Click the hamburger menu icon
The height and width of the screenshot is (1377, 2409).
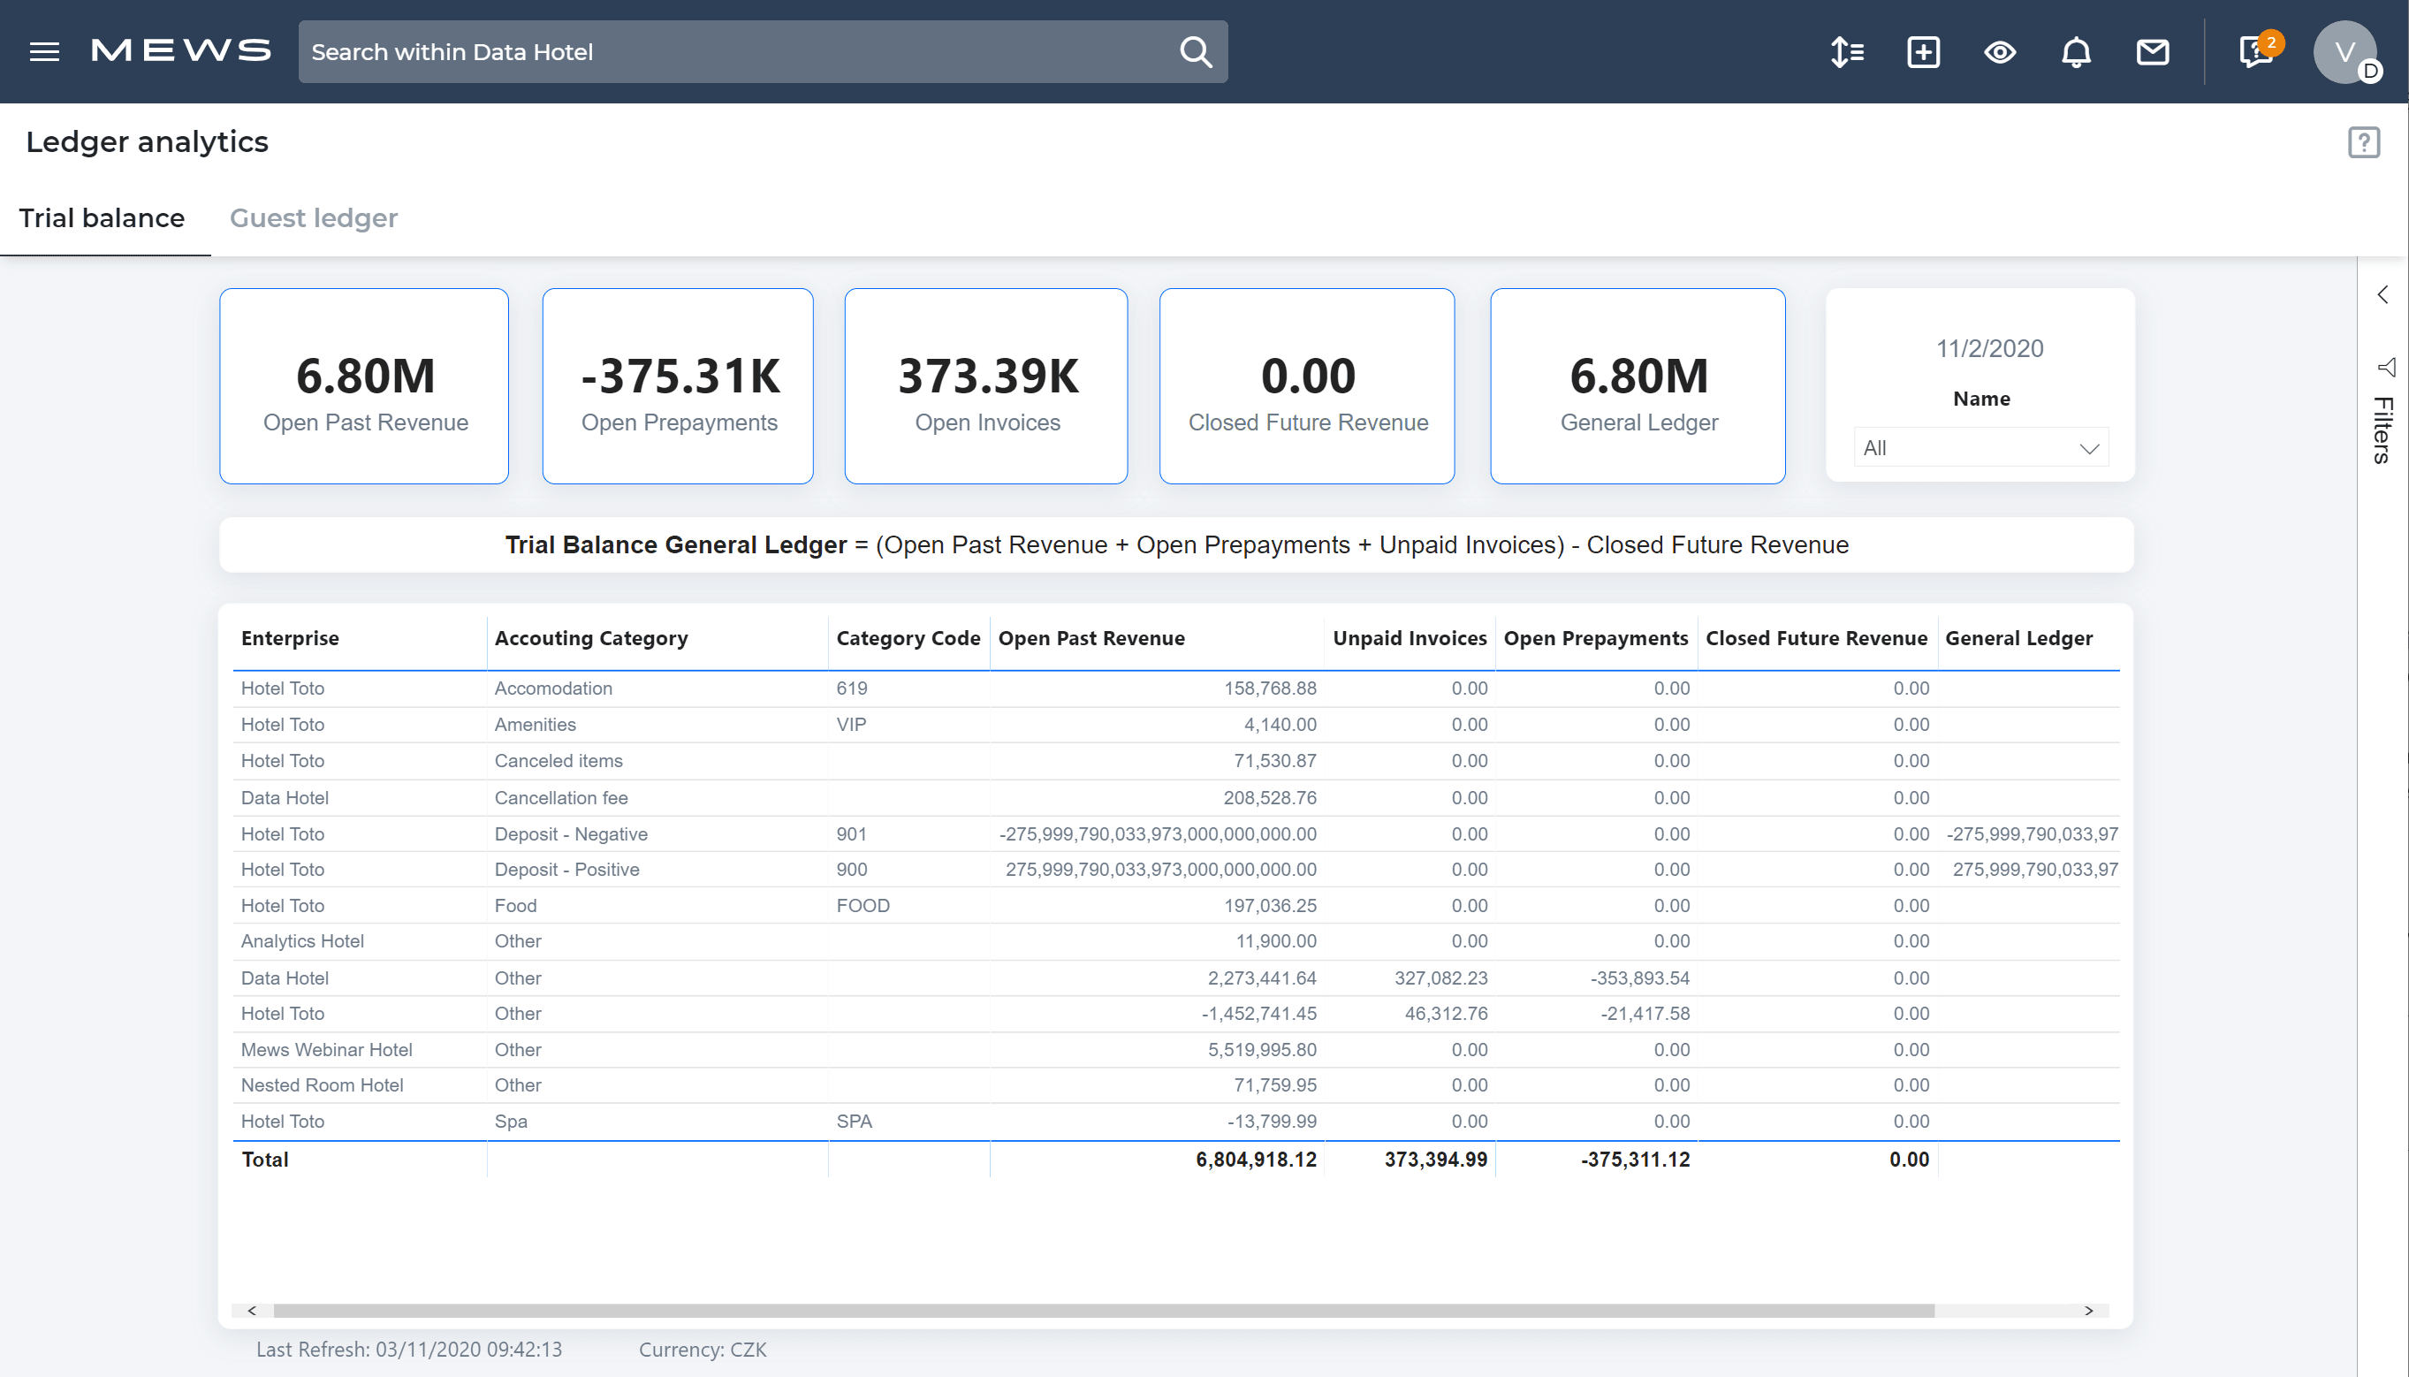point(44,52)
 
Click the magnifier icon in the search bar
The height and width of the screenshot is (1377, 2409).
point(1195,52)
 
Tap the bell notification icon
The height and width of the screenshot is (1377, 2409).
point(2075,52)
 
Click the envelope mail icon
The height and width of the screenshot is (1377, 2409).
point(2152,52)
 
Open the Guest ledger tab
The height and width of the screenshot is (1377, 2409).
point(313,218)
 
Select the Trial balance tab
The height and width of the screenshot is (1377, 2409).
point(103,218)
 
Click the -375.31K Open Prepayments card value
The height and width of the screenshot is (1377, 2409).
point(680,377)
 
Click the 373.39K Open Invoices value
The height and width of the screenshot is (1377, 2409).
point(987,377)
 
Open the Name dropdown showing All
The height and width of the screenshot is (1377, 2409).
point(1980,448)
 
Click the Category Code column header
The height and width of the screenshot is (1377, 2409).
point(908,638)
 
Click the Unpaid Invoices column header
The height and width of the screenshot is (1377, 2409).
point(1409,638)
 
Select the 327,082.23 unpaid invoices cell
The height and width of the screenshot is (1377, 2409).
point(1440,978)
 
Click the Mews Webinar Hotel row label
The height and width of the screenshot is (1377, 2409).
point(326,1050)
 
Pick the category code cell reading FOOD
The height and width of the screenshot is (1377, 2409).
point(863,906)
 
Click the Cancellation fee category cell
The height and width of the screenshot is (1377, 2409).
point(560,798)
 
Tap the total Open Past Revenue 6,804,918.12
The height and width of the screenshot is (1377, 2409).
point(1256,1160)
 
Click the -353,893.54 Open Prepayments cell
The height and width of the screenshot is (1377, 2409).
point(1639,978)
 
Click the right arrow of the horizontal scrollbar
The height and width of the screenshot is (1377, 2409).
point(2088,1311)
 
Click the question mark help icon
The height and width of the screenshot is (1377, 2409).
point(2363,143)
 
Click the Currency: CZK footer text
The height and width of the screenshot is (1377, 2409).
point(703,1350)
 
